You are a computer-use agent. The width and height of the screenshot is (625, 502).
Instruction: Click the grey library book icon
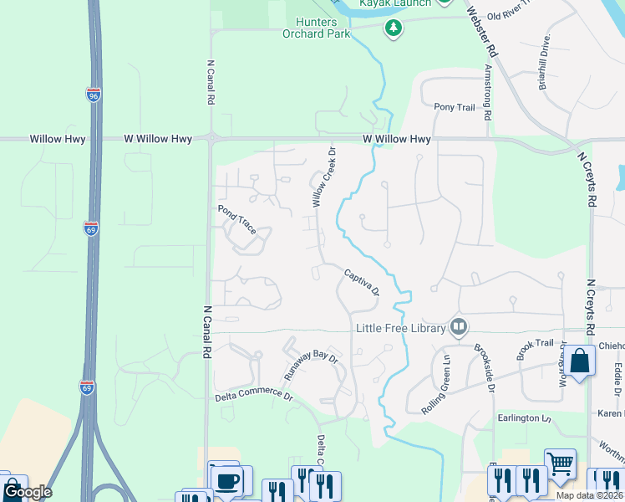click(458, 327)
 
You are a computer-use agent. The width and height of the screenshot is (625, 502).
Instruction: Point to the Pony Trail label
click(454, 108)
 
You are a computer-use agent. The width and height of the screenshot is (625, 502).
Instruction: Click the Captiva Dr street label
click(362, 281)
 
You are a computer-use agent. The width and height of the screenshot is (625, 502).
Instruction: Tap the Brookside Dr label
click(485, 369)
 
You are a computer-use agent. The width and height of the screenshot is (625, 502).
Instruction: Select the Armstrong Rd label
click(488, 92)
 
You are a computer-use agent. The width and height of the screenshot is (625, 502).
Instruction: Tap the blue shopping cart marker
click(560, 462)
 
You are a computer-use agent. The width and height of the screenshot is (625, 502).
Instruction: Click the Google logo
click(27, 492)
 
